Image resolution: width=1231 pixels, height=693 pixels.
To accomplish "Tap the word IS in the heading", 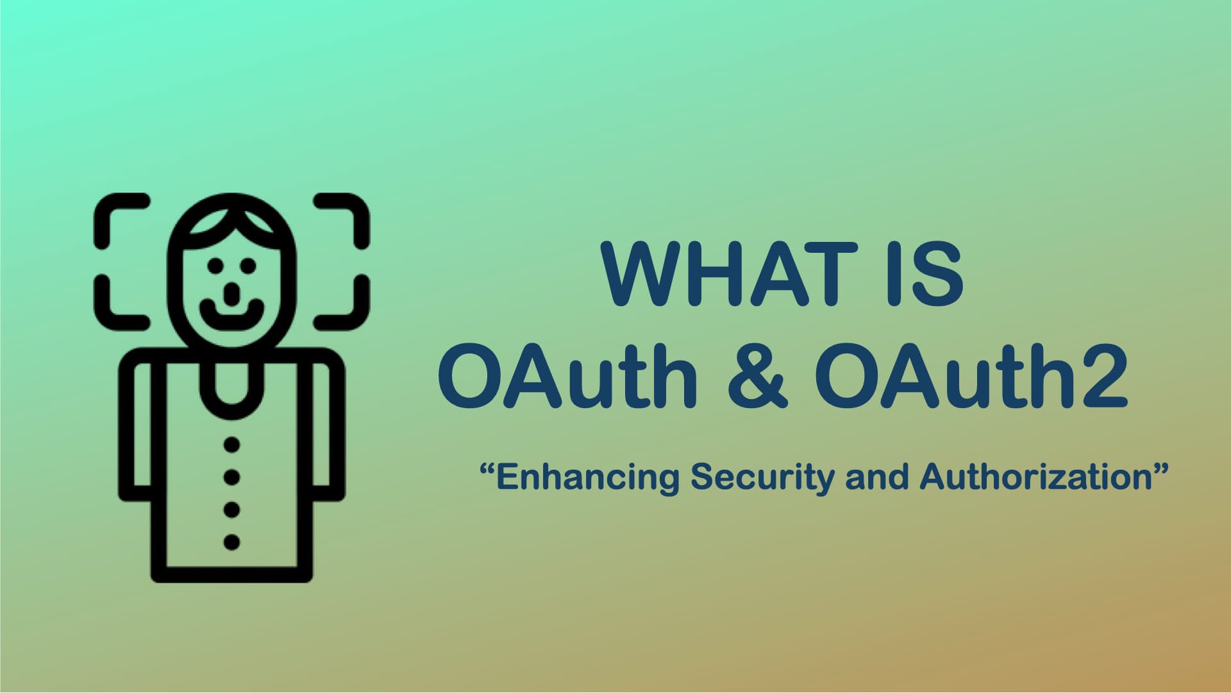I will point(925,275).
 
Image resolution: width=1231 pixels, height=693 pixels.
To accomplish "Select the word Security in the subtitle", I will point(762,478).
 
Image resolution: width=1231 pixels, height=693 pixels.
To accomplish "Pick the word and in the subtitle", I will point(876,477).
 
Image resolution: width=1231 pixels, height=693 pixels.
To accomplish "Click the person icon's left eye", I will point(215,265).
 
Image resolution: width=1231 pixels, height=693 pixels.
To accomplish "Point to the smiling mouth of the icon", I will point(232,314).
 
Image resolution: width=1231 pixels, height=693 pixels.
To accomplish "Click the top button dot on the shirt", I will point(232,444).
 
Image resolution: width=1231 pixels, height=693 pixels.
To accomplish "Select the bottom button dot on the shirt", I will point(232,542).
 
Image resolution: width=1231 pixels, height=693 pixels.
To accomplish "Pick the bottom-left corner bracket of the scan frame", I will point(115,308).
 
